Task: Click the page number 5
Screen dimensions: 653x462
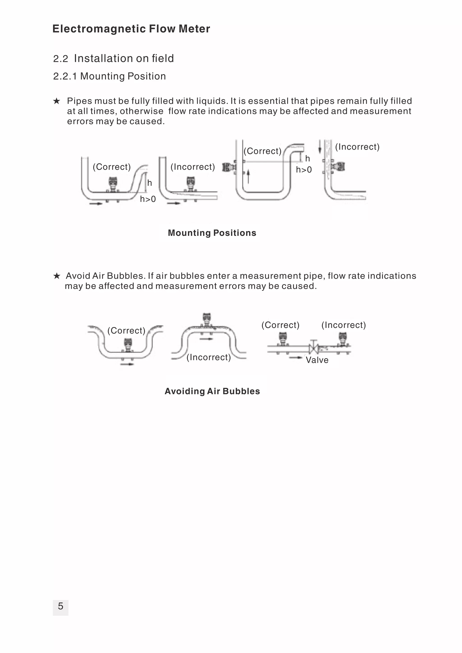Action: tap(60, 606)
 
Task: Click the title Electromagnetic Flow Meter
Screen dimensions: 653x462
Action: tap(131, 29)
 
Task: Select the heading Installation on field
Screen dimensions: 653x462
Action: tap(124, 58)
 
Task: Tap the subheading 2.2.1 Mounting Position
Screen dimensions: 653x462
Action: tap(109, 76)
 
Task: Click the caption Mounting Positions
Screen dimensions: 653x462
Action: tap(212, 233)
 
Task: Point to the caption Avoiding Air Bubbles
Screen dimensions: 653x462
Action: tap(212, 391)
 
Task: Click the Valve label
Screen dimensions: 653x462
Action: tap(317, 360)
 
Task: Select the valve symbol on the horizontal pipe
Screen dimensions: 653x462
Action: tap(313, 347)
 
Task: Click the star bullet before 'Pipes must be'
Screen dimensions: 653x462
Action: tap(57, 101)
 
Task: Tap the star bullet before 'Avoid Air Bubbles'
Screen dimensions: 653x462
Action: tap(57, 276)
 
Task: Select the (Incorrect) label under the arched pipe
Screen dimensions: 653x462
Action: tap(209, 357)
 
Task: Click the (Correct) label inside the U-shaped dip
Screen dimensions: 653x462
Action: tap(126, 330)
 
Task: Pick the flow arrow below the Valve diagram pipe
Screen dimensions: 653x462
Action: tap(295, 357)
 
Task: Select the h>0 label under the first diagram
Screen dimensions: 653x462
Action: tap(148, 199)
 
